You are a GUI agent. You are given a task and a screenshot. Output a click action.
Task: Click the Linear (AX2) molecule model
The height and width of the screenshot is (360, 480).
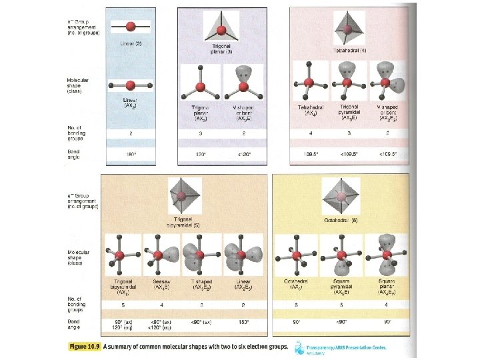(x=131, y=85)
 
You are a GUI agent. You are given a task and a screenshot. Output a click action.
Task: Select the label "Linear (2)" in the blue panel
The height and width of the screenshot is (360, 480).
(x=131, y=43)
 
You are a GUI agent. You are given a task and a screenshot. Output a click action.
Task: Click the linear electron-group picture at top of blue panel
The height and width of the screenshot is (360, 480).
(x=131, y=27)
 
